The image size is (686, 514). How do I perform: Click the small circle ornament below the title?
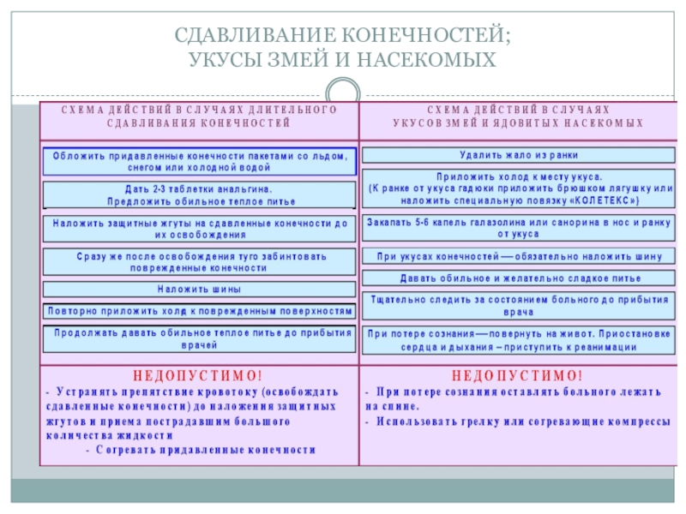click(x=343, y=92)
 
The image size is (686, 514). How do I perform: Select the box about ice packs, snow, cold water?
click(x=200, y=161)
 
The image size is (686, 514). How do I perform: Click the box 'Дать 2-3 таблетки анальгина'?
click(x=199, y=194)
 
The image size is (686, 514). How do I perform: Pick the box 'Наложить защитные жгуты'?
click(x=199, y=228)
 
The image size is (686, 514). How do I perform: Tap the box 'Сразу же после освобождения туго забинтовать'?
click(x=199, y=261)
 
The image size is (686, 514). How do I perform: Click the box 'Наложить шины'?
click(x=199, y=290)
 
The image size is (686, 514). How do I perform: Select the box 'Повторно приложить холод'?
click(x=199, y=311)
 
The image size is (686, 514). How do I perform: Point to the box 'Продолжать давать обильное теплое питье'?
click(x=199, y=338)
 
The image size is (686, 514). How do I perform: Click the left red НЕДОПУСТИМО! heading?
click(x=199, y=375)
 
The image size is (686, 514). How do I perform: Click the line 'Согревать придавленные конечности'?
click(x=206, y=449)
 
